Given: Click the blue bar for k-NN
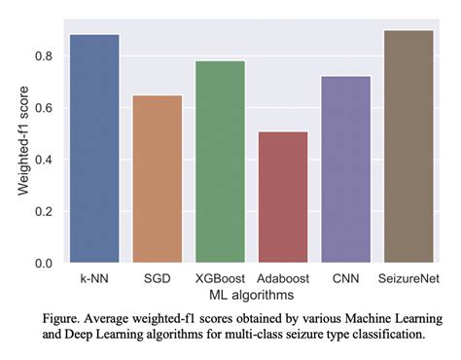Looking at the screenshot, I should [94, 149].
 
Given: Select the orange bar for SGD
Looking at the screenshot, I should [157, 179].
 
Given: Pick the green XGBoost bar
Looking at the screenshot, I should [220, 162].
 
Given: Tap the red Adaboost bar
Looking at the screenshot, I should [283, 198].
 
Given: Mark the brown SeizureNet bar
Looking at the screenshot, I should [408, 146].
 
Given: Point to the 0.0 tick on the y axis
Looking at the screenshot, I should [44, 264].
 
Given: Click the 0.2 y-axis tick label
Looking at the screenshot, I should [44, 211].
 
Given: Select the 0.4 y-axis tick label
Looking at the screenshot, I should [44, 160].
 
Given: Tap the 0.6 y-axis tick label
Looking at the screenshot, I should [44, 108].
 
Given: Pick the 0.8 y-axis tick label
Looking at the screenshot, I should [44, 56].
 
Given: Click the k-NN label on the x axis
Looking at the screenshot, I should [94, 279].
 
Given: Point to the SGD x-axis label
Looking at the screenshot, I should [157, 279].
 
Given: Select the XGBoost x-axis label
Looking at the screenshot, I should [220, 279].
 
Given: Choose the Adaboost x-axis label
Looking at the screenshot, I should [283, 279].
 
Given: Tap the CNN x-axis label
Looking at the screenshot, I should [345, 279].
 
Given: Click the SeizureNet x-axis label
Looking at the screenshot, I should [408, 279].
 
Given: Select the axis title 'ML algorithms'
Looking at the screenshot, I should [251, 294].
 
